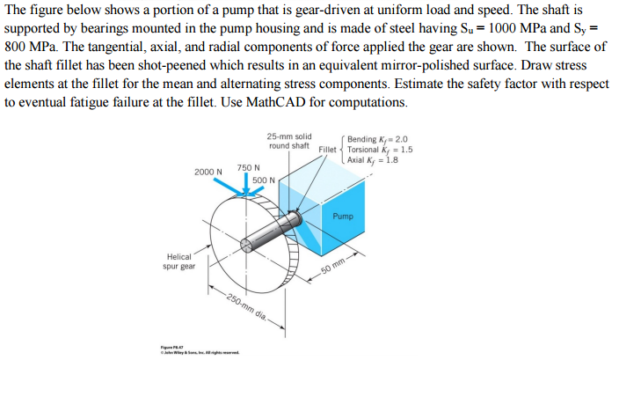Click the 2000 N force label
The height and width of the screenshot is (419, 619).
(208, 173)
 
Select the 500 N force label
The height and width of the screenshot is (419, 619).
(264, 180)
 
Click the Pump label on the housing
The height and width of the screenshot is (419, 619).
(343, 217)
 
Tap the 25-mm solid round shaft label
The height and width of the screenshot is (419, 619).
(289, 141)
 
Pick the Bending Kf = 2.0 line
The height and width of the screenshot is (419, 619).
(378, 139)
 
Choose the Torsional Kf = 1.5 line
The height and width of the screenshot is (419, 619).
(381, 150)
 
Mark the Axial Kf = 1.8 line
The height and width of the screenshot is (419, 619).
(374, 160)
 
